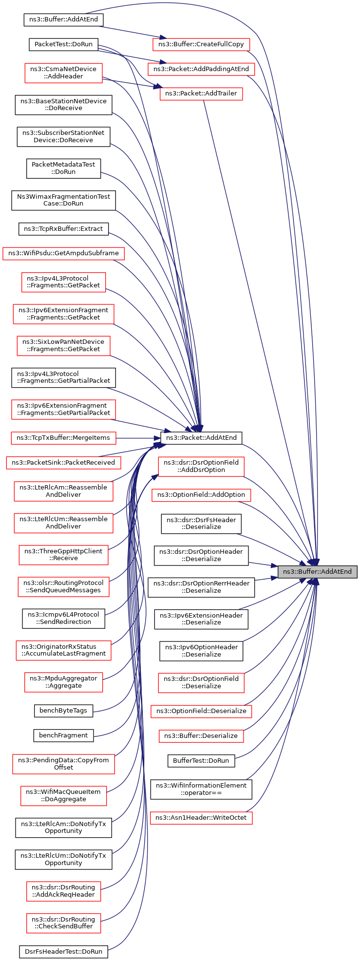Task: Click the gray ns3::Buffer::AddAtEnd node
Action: pyautogui.click(x=318, y=571)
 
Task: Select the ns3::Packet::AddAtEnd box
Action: pyautogui.click(x=201, y=437)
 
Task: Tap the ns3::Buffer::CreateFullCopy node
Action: pyautogui.click(x=201, y=44)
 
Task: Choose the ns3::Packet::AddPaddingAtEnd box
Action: pyautogui.click(x=201, y=69)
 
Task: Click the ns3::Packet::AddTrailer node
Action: pyautogui.click(x=201, y=94)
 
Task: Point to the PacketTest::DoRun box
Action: pyautogui.click(x=63, y=44)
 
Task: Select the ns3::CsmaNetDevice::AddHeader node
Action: pyautogui.click(x=64, y=73)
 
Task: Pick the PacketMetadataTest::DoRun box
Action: pyautogui.click(x=63, y=168)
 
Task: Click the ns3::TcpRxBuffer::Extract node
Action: pyautogui.click(x=63, y=228)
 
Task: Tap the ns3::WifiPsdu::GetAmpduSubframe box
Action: pyautogui.click(x=63, y=253)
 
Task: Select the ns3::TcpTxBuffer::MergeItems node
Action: pyautogui.click(x=63, y=437)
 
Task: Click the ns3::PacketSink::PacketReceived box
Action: pyautogui.click(x=63, y=462)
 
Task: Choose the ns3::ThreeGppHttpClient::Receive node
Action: pyautogui.click(x=63, y=554)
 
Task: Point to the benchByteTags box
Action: pyautogui.click(x=63, y=711)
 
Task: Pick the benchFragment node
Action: pyautogui.click(x=63, y=735)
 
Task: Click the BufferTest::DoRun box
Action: pyautogui.click(x=201, y=760)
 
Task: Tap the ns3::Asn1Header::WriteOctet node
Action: pyautogui.click(x=201, y=817)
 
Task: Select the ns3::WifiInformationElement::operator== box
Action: pyautogui.click(x=201, y=789)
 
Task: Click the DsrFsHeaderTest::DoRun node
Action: pyautogui.click(x=63, y=951)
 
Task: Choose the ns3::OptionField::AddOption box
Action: pyautogui.click(x=201, y=495)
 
